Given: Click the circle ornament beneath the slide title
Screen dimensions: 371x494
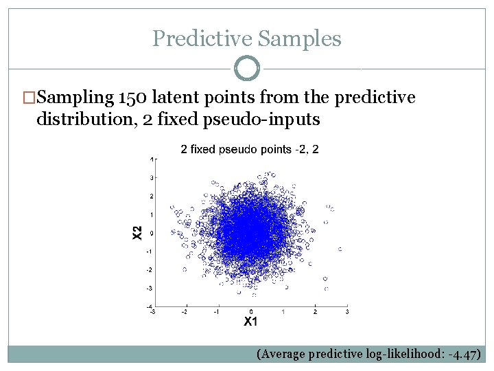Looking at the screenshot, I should point(246,69).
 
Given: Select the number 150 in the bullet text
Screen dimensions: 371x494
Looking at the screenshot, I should point(133,98).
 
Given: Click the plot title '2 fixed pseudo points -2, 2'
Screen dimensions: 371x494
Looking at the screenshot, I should point(249,148).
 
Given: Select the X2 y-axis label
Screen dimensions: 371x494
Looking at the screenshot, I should point(137,233).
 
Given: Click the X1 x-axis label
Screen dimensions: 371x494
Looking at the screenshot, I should point(250,322).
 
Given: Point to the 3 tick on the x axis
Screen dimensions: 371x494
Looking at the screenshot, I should point(347,312).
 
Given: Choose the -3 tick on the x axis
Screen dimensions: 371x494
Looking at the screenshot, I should point(152,312).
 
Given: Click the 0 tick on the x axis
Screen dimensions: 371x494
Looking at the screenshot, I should point(250,312).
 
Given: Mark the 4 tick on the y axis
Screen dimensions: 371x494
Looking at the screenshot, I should point(151,159).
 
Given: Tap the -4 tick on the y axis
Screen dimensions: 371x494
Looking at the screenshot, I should point(150,306).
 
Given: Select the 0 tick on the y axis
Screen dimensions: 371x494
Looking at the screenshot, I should point(151,233).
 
